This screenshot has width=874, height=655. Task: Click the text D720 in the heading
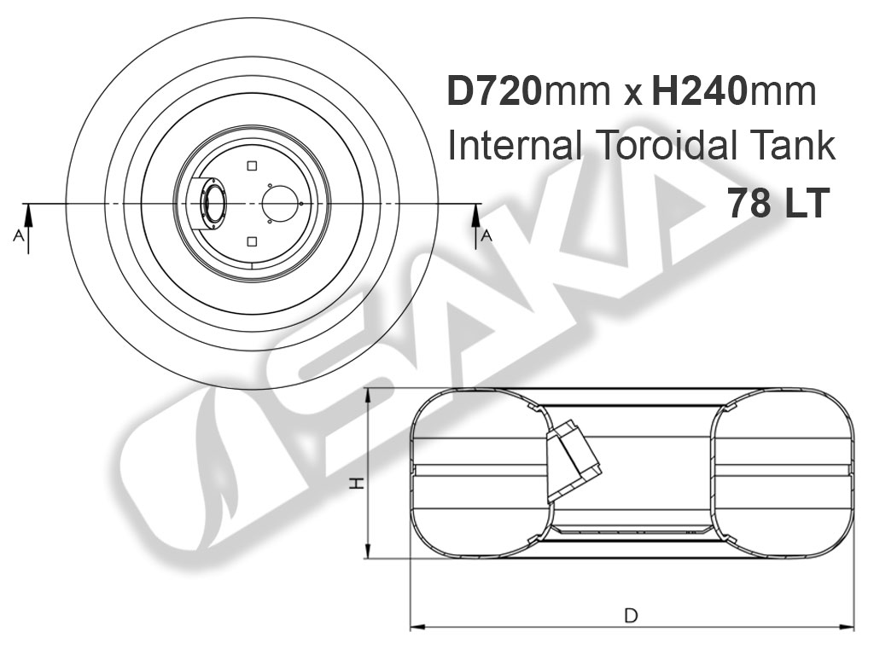(x=494, y=91)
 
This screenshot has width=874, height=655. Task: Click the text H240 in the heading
(x=698, y=91)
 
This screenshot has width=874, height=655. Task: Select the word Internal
(x=516, y=146)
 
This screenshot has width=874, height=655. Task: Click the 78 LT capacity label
(x=778, y=203)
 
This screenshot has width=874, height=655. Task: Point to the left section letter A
(x=19, y=236)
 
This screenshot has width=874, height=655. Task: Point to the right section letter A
(x=487, y=236)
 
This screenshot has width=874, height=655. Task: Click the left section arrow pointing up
(x=28, y=229)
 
